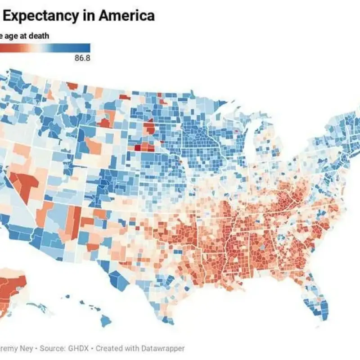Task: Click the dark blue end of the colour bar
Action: (x=86, y=48)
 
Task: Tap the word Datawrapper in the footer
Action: (x=163, y=348)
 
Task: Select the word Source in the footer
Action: (x=52, y=348)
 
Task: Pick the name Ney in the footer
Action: (x=24, y=348)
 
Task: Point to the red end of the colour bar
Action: (x=2, y=48)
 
